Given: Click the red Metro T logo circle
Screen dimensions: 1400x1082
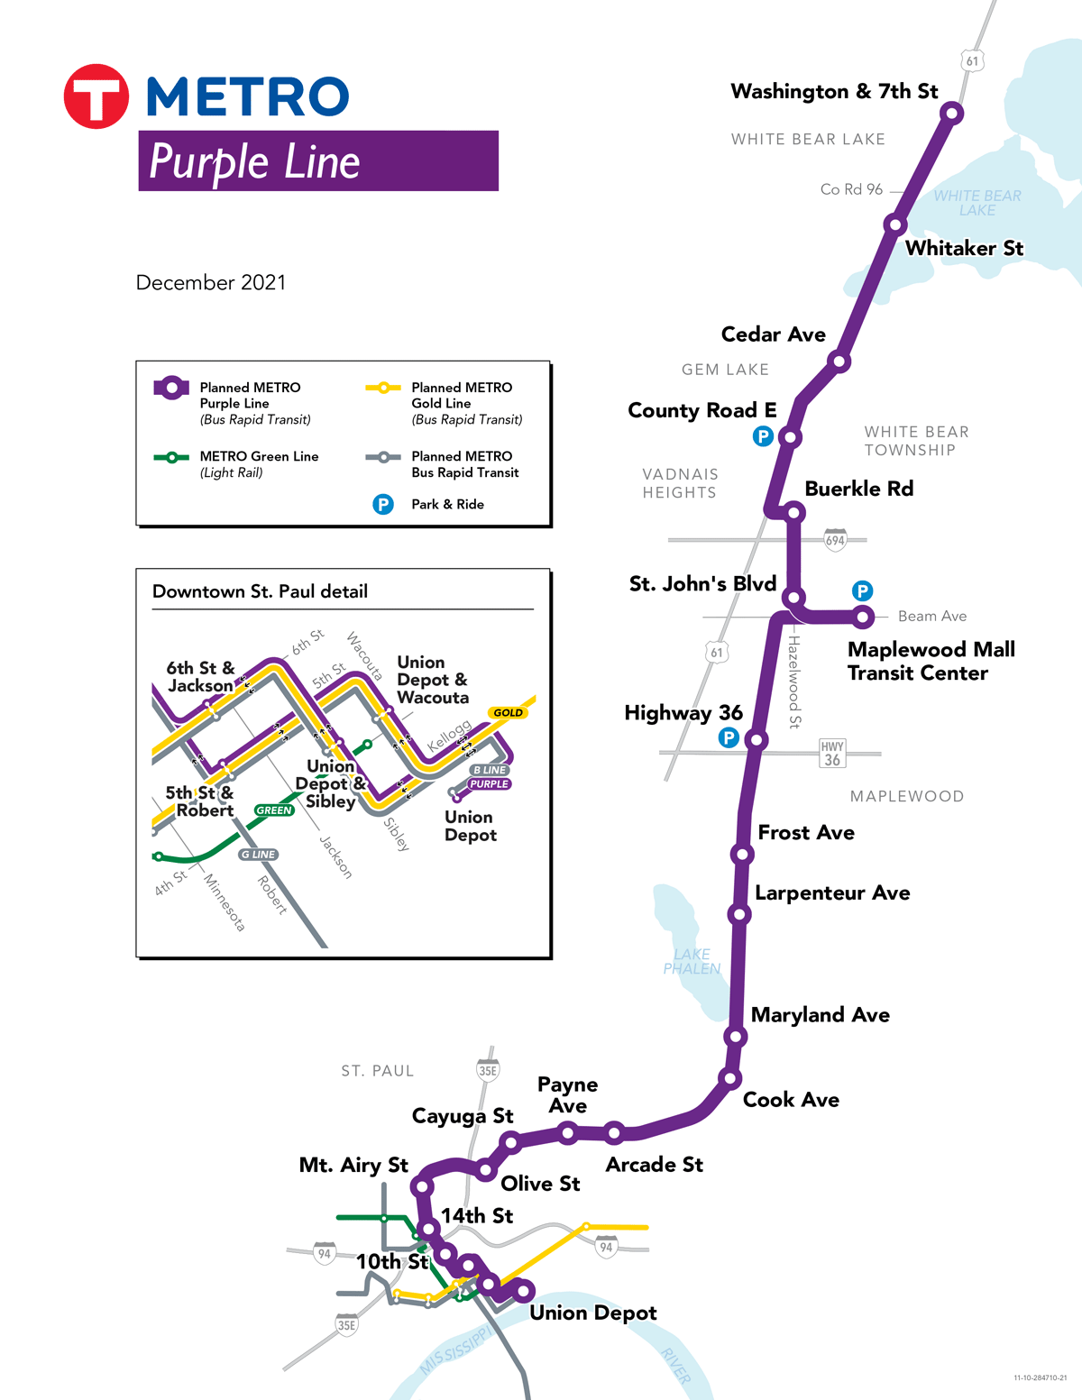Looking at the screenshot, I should pyautogui.click(x=96, y=96).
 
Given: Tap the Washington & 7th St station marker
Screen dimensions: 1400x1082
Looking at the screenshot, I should pyautogui.click(x=951, y=113).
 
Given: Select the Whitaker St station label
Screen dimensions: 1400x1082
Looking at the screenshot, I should pyautogui.click(x=964, y=248).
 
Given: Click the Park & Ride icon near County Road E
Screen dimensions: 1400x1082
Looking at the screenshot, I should pyautogui.click(x=763, y=436).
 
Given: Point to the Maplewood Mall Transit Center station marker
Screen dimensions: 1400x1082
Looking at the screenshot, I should pyautogui.click(x=863, y=617).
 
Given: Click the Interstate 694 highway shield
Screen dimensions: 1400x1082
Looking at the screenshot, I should pyautogui.click(x=836, y=540).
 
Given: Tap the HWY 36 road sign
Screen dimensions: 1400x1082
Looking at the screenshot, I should pyautogui.click(x=831, y=753).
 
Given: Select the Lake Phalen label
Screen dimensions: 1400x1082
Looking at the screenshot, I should pyautogui.click(x=692, y=961).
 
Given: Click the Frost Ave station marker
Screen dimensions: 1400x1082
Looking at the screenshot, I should pyautogui.click(x=742, y=854).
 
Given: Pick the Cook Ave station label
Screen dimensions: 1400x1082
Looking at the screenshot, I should pyautogui.click(x=791, y=1100).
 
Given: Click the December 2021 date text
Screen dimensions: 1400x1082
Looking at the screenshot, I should pyautogui.click(x=210, y=282).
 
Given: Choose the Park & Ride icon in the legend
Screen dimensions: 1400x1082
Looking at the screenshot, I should pyautogui.click(x=383, y=504).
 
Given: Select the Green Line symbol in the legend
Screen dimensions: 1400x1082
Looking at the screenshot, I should pyautogui.click(x=171, y=457).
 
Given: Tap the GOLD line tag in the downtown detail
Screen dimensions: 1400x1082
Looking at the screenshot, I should pyautogui.click(x=508, y=712).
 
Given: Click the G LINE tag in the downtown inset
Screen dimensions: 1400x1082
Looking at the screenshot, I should pyautogui.click(x=259, y=855).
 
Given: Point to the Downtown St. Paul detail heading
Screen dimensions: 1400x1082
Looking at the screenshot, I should pyautogui.click(x=260, y=591).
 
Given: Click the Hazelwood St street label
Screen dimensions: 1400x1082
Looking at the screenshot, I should pyautogui.click(x=794, y=682).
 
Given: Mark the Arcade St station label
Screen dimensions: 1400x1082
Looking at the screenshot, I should pyautogui.click(x=654, y=1165).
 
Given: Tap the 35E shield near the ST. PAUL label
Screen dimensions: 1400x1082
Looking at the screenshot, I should pyautogui.click(x=488, y=1070).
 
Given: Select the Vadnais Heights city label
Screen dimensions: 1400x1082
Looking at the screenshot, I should pyautogui.click(x=680, y=483).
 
